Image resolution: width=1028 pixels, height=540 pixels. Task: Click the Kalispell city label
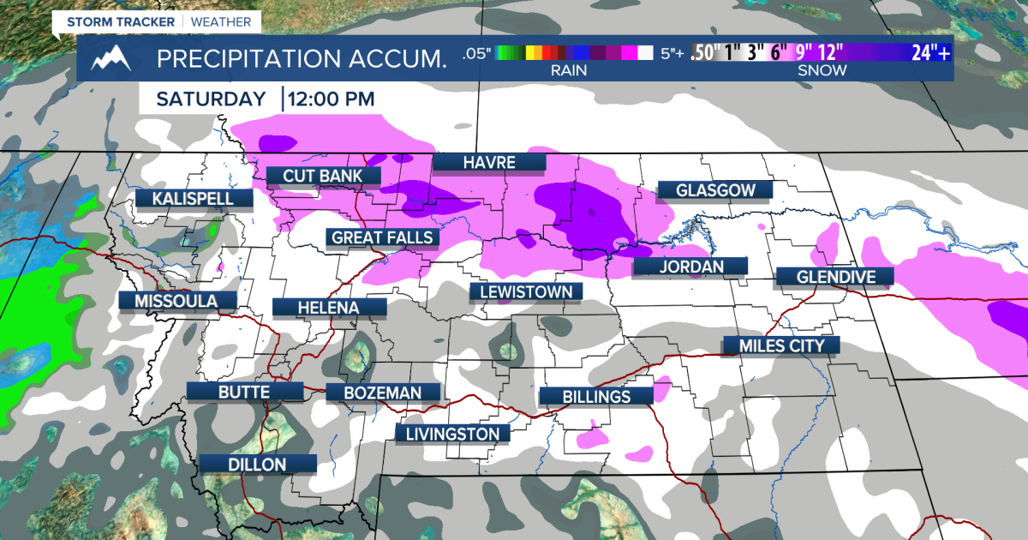tap(194, 199)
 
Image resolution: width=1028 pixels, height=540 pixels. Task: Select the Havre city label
tap(488, 162)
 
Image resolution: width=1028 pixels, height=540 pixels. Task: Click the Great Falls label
tap(382, 237)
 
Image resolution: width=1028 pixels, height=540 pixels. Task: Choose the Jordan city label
tap(690, 267)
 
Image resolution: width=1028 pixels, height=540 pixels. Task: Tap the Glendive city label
tap(834, 276)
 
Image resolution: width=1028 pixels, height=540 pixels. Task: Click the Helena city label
tap(328, 307)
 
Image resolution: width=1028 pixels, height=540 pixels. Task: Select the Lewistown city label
tap(526, 291)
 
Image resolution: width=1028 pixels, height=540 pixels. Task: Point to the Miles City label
tap(780, 345)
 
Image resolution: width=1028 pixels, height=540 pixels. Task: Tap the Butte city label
tap(244, 392)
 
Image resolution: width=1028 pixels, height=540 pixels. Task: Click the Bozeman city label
tap(383, 393)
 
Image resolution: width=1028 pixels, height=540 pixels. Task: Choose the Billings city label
tap(596, 396)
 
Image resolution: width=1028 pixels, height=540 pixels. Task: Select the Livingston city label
tap(452, 434)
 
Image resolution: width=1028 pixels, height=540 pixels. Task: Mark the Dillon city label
tap(257, 464)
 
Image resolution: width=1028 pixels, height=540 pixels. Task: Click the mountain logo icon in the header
tap(112, 59)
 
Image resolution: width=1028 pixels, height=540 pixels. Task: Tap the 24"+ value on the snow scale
tap(930, 54)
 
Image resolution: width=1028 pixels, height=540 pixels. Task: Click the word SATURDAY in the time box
tap(211, 99)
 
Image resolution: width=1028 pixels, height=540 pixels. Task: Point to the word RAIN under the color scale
tap(569, 70)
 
